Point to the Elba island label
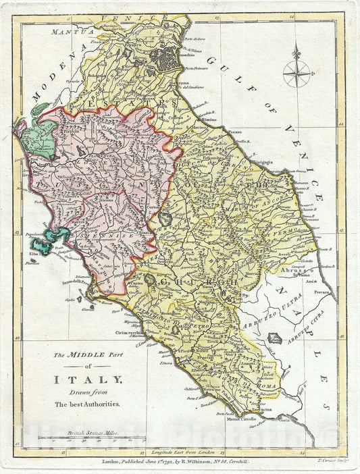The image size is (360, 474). tap(34, 254)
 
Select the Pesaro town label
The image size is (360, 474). tap(234, 124)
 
